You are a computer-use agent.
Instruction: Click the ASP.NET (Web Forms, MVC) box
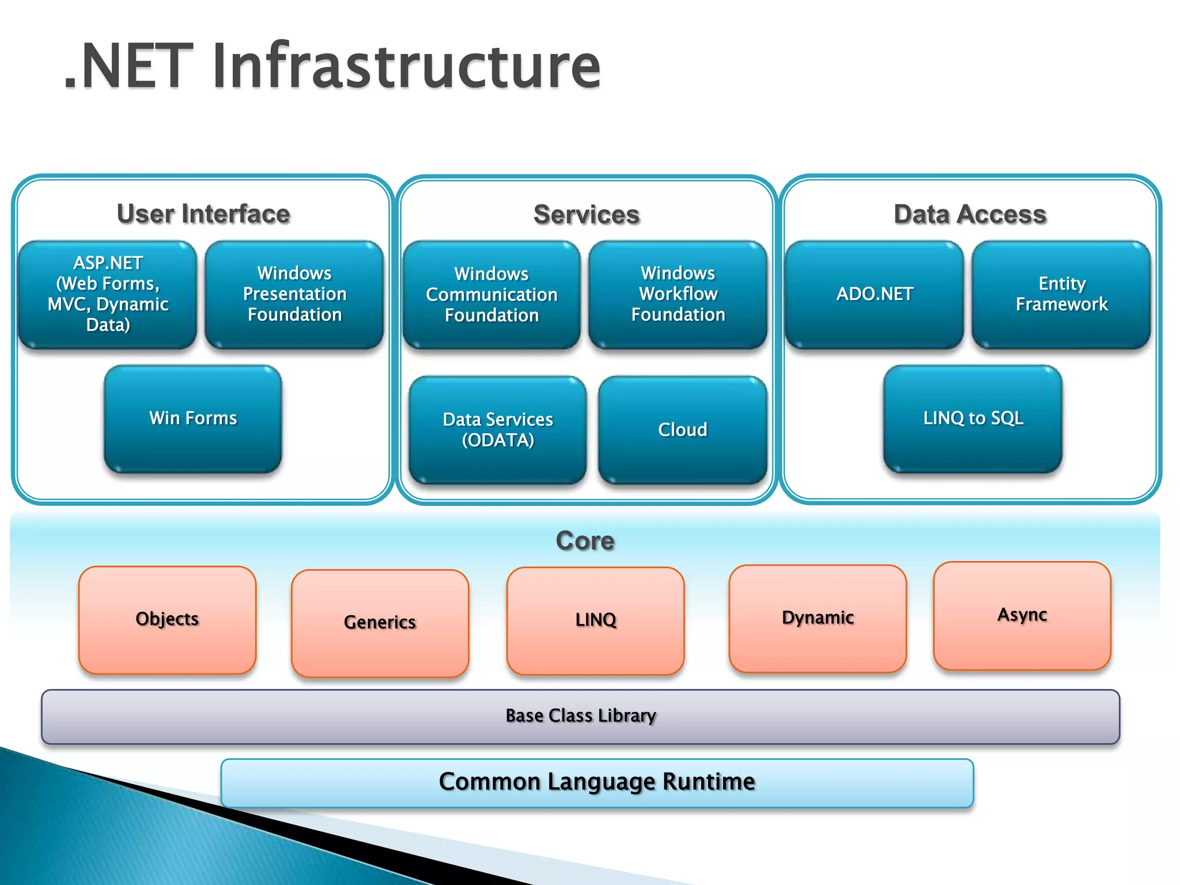coord(108,294)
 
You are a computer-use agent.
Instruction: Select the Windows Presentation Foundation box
coord(294,294)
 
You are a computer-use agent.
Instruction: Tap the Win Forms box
coord(193,418)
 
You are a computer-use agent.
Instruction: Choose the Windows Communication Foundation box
coord(491,294)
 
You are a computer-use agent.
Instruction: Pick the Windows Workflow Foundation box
coord(678,294)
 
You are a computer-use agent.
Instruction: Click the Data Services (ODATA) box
coord(498,430)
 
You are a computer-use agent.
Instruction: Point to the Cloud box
coord(682,430)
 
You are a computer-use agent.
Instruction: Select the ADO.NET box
coord(874,294)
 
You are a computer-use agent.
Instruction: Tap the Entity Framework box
coord(1061,294)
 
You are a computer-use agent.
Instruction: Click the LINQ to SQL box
coord(973,418)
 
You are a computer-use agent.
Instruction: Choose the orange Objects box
coord(167,619)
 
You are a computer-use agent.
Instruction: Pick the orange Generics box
coord(380,623)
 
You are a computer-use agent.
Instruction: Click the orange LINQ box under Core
coord(595,621)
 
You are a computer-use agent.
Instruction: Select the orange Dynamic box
coord(818,618)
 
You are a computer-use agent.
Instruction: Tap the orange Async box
coord(1022,615)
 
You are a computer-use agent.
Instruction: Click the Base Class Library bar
coord(580,716)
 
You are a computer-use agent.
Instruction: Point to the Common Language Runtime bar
coord(597,782)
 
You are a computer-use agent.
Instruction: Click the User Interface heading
coord(203,214)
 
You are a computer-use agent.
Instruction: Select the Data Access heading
coord(970,214)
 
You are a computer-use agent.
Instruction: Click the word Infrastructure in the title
coord(406,66)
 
